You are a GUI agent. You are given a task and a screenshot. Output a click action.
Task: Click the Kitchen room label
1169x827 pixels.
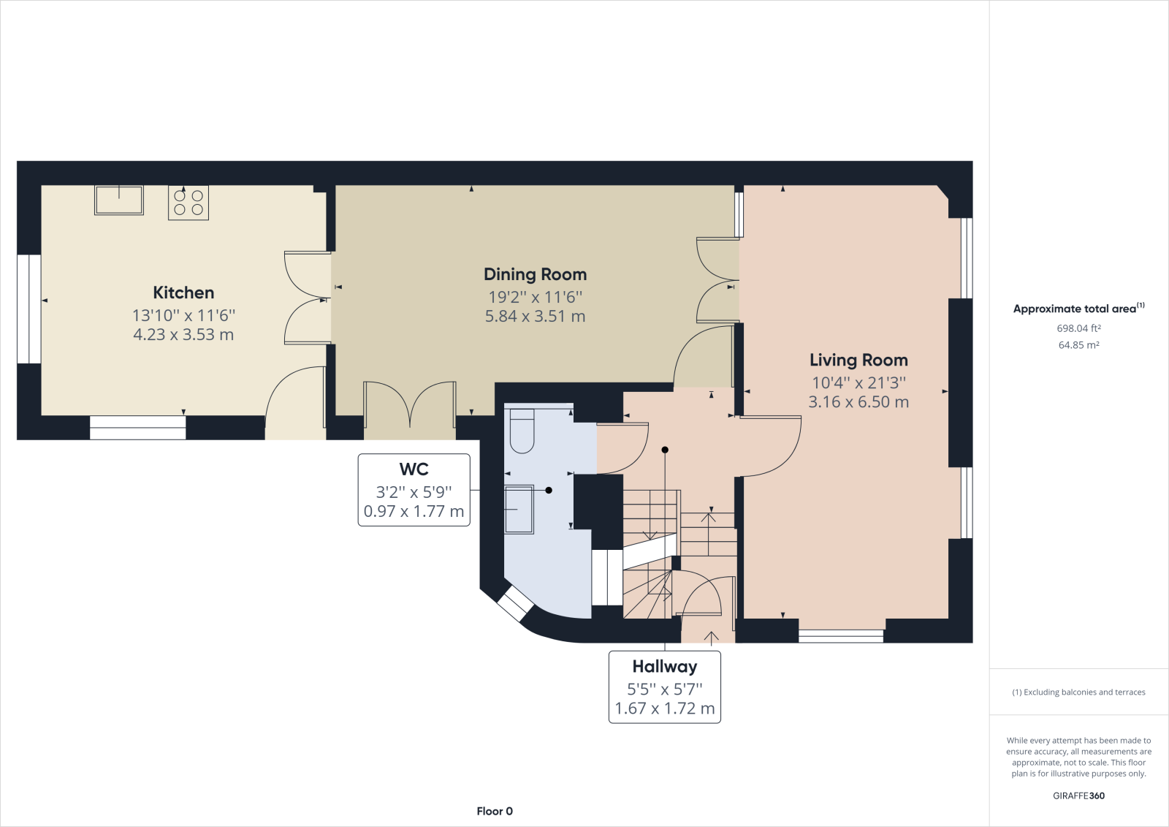pos(183,292)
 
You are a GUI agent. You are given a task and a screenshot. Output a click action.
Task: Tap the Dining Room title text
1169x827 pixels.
pos(535,274)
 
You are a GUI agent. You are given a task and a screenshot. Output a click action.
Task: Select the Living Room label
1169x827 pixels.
pos(858,360)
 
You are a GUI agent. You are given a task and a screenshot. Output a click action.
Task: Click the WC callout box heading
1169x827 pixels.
pos(414,469)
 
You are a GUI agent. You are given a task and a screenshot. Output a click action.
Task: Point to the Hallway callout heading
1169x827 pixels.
pos(664,667)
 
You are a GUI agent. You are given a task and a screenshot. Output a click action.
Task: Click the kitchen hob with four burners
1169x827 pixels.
pos(189,203)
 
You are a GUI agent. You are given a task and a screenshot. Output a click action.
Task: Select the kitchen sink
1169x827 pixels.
pos(119,200)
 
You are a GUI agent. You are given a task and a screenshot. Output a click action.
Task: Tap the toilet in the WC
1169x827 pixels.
pos(522,431)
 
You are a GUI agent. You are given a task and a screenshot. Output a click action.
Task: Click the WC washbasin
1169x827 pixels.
pos(519,510)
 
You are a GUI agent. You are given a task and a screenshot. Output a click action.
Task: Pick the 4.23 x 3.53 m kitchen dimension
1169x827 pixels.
pos(183,334)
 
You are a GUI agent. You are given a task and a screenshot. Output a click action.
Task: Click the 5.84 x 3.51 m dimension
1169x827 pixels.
pos(535,316)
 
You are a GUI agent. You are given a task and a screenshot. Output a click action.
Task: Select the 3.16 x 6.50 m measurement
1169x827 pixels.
pos(858,401)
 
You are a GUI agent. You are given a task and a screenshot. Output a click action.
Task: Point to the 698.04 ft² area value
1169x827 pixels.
pos(1078,328)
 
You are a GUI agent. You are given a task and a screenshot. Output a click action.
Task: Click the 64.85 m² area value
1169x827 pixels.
pos(1078,345)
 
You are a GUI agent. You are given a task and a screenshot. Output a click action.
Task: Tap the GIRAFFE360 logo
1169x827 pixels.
pos(1078,796)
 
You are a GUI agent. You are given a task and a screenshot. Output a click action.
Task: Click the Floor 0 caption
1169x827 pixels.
pos(495,812)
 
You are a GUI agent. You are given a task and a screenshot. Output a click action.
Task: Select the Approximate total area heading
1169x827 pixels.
pos(1078,309)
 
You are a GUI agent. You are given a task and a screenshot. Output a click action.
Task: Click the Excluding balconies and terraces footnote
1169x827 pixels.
pos(1078,692)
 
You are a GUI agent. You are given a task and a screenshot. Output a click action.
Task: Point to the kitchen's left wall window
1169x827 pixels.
pos(29,309)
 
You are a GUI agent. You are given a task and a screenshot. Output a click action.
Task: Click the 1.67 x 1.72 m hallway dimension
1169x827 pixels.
pos(664,709)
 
